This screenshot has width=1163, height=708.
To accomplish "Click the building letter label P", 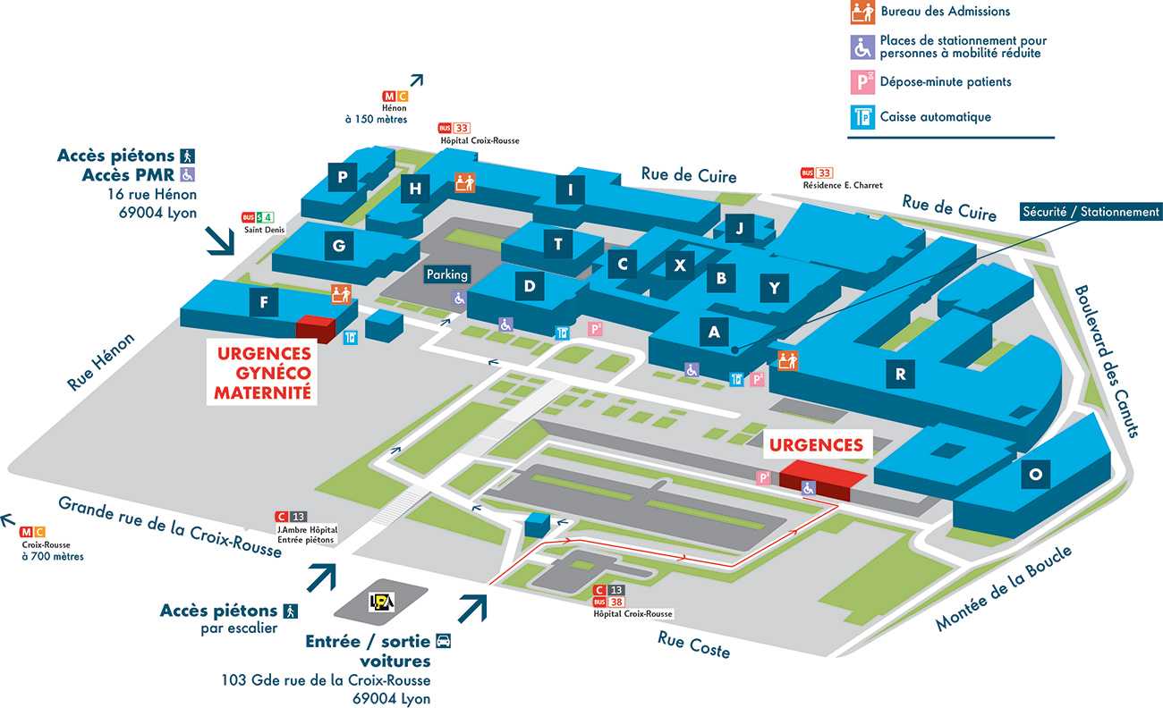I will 343,177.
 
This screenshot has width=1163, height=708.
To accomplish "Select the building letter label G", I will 338,246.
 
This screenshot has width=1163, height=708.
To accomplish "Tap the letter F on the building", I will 263,302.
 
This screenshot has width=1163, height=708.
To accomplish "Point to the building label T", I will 558,244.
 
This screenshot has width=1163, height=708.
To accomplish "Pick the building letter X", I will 680,265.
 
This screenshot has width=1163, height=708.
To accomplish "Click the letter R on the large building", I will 900,374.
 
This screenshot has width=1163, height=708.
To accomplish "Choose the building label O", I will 1035,476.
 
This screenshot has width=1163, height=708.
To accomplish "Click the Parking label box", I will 446,274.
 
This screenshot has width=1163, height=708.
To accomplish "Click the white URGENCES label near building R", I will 817,445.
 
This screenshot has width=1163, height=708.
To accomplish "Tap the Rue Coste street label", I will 693,645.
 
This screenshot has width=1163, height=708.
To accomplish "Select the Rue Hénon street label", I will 100,362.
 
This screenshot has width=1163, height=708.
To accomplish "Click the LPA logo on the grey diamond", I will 382,603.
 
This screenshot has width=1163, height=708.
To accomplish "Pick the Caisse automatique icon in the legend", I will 862,116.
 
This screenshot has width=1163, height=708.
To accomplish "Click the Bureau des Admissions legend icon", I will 862,13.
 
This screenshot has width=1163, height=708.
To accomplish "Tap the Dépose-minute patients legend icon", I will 862,82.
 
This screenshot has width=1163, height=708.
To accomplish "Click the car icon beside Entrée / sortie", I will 443,641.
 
